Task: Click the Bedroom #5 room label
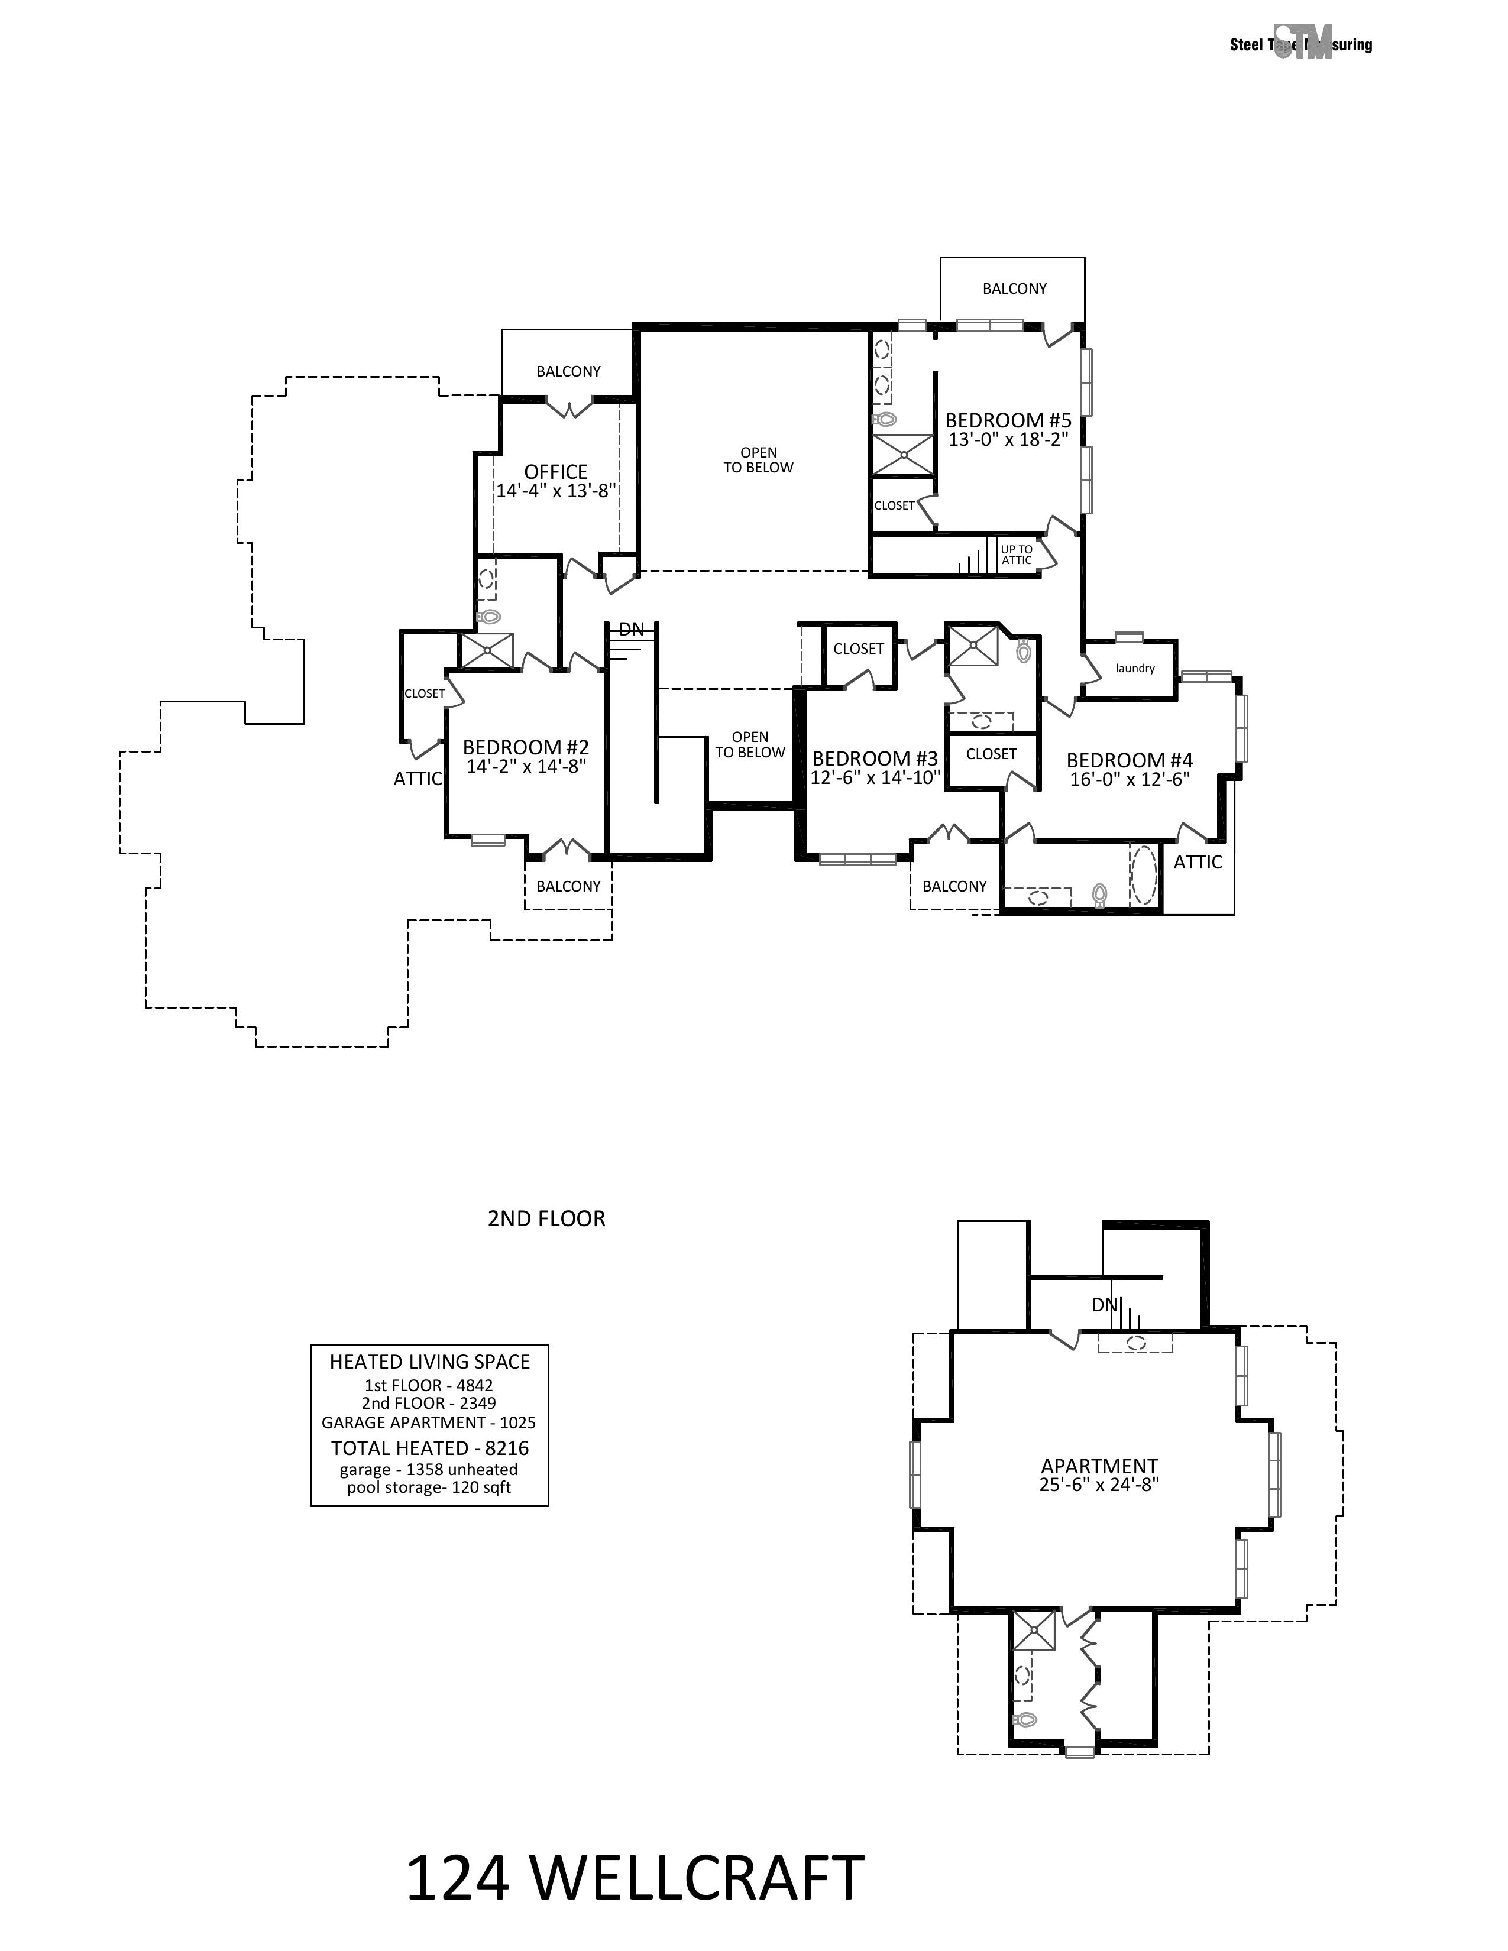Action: [x=1008, y=420]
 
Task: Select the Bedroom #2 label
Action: [x=525, y=747]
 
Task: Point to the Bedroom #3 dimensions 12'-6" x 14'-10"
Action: [x=875, y=778]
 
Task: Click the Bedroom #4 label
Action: [x=1129, y=760]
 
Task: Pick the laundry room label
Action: [x=1135, y=668]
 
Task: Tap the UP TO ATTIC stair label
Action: [x=1017, y=555]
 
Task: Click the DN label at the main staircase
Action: [x=632, y=629]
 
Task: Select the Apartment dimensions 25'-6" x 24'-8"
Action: [x=1099, y=1485]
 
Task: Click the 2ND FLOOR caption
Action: [x=546, y=1218]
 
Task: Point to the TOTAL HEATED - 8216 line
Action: [x=430, y=1448]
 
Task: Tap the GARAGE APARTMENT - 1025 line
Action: [x=429, y=1422]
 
